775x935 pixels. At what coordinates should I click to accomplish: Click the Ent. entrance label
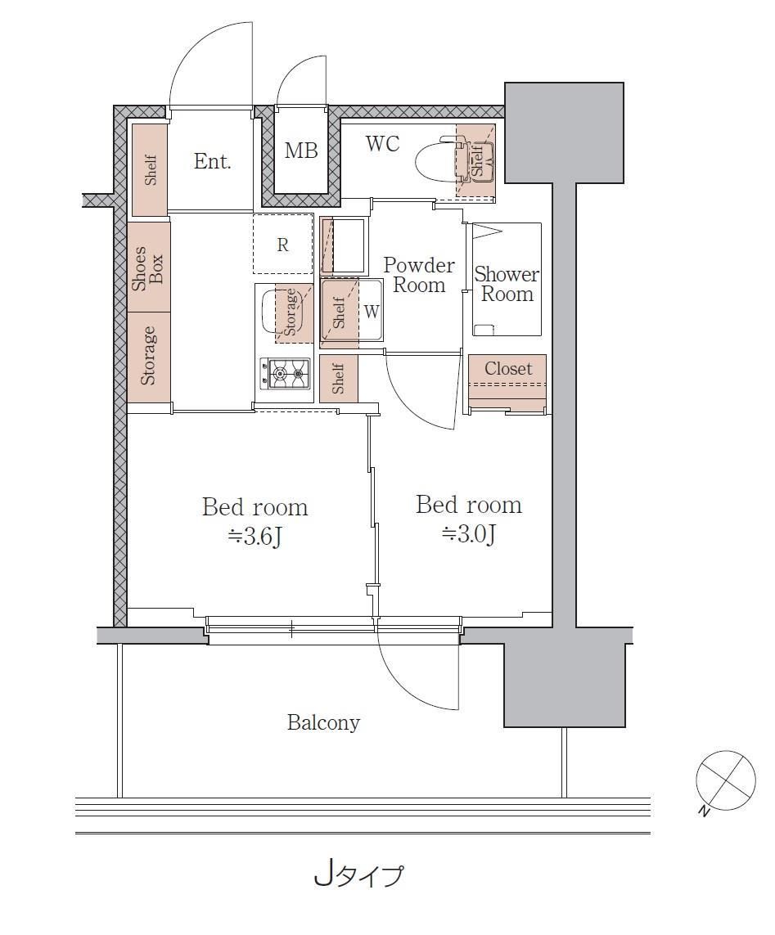click(212, 162)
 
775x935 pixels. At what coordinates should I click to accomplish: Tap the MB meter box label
click(300, 151)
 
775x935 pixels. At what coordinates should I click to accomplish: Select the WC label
click(382, 143)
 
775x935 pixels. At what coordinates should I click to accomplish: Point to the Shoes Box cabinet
click(149, 267)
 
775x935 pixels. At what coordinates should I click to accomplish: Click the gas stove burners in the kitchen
click(285, 374)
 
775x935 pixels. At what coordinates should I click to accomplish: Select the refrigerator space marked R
click(283, 245)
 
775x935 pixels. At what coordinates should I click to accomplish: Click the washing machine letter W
click(372, 311)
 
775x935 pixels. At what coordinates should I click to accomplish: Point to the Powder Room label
click(419, 275)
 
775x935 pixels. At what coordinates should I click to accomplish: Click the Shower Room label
click(507, 284)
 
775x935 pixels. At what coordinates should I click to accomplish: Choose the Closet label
click(507, 368)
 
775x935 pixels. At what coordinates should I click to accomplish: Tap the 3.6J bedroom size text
click(255, 537)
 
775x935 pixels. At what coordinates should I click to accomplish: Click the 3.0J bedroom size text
click(469, 534)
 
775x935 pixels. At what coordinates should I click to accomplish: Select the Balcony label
click(323, 722)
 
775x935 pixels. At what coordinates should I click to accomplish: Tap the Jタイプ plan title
click(358, 875)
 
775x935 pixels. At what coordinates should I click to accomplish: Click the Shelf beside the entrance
click(149, 170)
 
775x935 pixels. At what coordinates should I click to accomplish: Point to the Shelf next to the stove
click(338, 379)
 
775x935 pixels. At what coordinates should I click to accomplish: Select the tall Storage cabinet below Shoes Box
click(149, 356)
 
